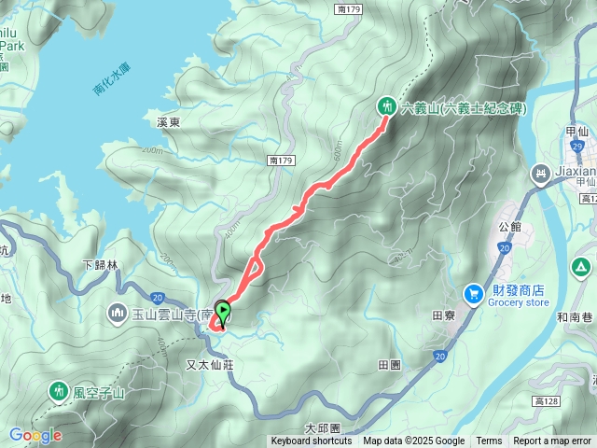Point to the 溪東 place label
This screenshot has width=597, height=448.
[168, 122]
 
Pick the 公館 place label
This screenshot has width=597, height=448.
[510, 226]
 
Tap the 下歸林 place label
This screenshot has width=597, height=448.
[101, 265]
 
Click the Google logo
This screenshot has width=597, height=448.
[35, 435]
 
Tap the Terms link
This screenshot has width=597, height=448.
[489, 441]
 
